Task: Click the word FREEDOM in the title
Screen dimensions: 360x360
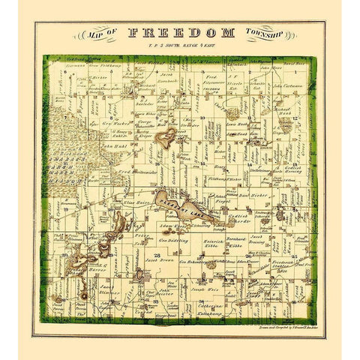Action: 181,32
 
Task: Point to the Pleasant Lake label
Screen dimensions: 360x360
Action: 181,203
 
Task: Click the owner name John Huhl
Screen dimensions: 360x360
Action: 116,148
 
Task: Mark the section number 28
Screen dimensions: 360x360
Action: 157,256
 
